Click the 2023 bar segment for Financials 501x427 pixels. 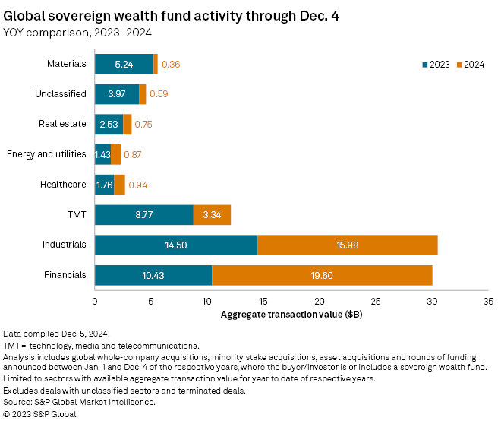153,274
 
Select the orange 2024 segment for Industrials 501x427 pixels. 347,245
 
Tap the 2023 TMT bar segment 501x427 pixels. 143,215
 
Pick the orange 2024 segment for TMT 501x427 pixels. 212,215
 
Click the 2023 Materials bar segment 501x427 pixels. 124,65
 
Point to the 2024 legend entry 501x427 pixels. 470,65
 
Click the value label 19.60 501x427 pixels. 322,274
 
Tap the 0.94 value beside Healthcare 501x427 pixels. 137,185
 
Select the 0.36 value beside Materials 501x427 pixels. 171,65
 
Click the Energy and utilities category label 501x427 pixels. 46,154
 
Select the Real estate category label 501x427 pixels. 62,124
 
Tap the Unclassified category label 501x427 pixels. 60,94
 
